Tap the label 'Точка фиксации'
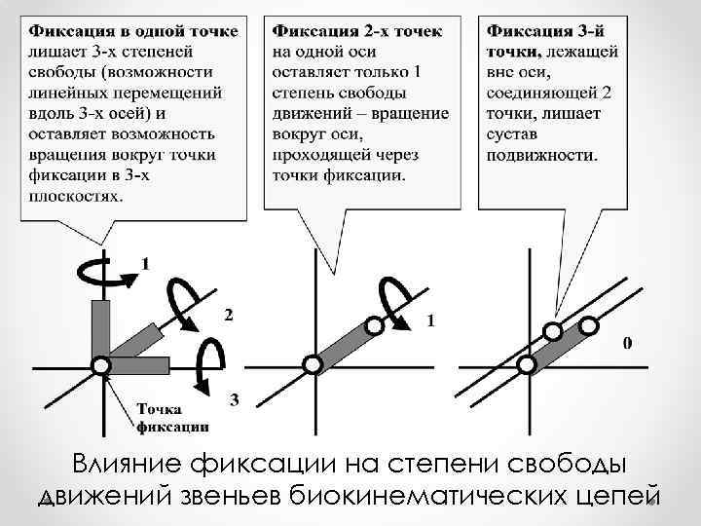171,417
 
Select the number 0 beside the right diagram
627,343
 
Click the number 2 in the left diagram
228,315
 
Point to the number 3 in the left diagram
234,398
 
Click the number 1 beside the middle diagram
431,319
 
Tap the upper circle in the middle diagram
373,327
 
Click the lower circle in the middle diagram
313,364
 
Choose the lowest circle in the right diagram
527,364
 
